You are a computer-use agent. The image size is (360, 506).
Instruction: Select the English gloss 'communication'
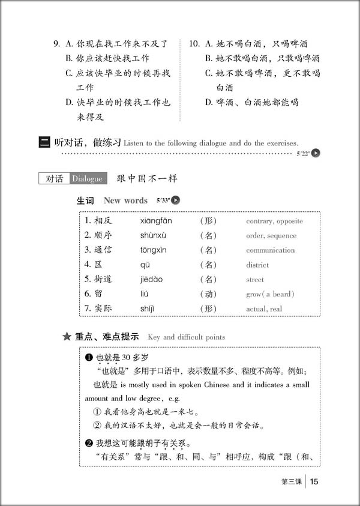[270, 250]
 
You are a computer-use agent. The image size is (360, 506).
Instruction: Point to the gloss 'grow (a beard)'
[270, 294]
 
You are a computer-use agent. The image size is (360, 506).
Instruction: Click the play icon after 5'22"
[316, 153]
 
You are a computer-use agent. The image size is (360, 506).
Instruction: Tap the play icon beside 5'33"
[176, 200]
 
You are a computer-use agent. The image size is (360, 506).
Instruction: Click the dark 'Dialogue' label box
[88, 178]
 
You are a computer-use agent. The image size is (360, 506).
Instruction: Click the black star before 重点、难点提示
[67, 337]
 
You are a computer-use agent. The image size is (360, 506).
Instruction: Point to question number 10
[194, 44]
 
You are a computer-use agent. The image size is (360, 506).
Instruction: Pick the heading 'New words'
[125, 200]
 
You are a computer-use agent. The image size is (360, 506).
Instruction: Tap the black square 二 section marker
[44, 142]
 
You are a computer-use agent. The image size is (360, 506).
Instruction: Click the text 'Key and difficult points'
[186, 337]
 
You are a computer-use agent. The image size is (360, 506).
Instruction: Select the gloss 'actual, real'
[264, 309]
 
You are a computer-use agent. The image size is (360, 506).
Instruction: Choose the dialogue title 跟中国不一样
[147, 178]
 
